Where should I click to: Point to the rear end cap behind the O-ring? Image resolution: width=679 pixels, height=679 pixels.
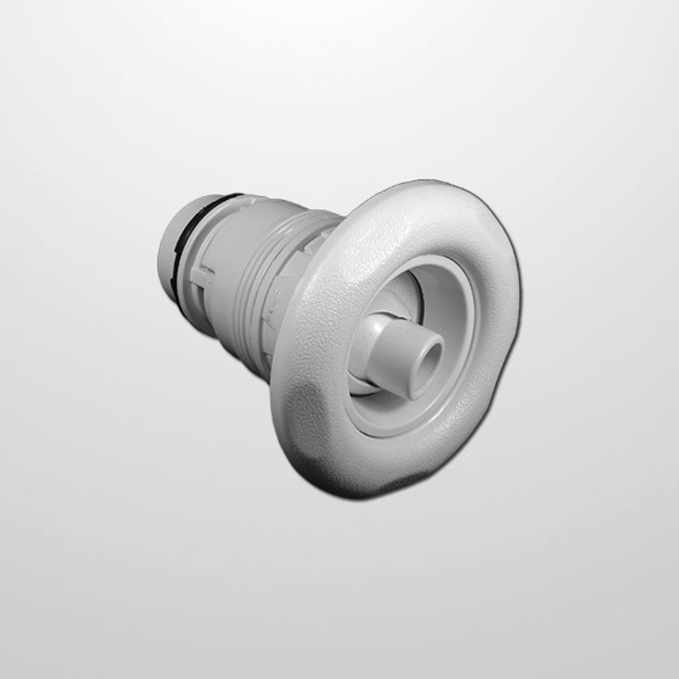pyautogui.click(x=169, y=252)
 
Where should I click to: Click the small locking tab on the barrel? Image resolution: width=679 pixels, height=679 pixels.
pyautogui.click(x=203, y=275)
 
